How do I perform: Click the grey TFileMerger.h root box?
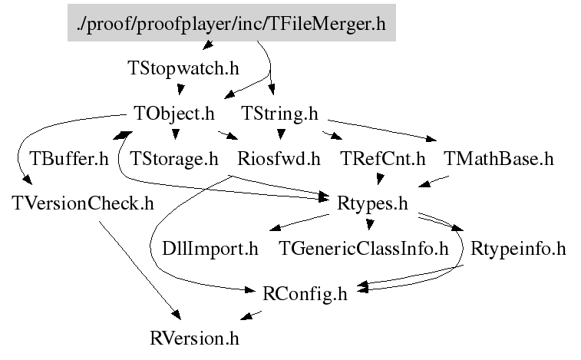coord(230,25)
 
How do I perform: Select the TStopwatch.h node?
coord(183,68)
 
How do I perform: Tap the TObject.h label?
coord(173,114)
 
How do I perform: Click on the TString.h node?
coord(279,114)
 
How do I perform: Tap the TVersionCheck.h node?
coord(83,203)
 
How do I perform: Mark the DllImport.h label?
coord(210,249)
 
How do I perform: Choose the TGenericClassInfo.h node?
coord(364,249)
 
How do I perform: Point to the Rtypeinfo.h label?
coord(518,249)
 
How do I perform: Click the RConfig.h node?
coord(305,293)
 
